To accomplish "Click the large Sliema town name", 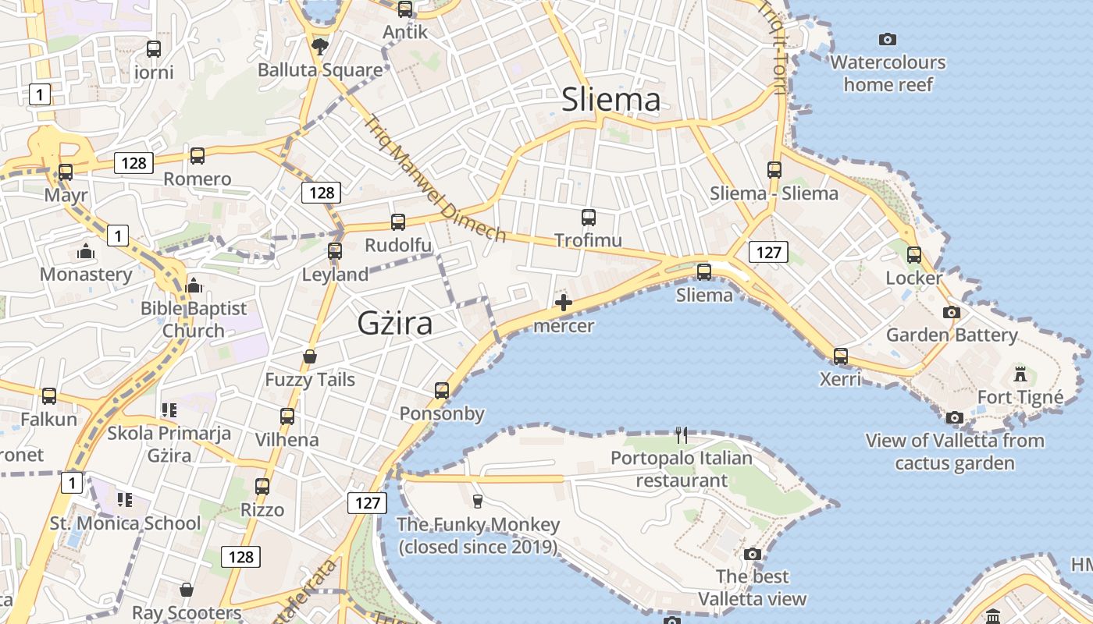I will [611, 100].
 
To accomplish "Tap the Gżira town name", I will [395, 323].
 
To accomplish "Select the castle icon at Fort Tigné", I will [1020, 374].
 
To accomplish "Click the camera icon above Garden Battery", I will [951, 312].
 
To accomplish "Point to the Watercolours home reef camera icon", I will [887, 39].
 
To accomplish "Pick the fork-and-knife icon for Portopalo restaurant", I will [682, 434].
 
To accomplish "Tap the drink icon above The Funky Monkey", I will [478, 501].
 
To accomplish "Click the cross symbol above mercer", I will [563, 303].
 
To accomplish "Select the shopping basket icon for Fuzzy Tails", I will [310, 356].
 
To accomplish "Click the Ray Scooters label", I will [187, 612].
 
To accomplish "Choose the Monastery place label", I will [86, 275].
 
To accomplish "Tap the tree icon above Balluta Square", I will [319, 47].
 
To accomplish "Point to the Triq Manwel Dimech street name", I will [435, 179].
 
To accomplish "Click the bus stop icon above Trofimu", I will [589, 218].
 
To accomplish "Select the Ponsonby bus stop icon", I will [442, 391].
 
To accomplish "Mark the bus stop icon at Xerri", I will [840, 356].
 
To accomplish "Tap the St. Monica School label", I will [125, 523].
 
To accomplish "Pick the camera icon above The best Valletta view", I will [753, 555].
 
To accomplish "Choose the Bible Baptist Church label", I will [194, 320].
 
